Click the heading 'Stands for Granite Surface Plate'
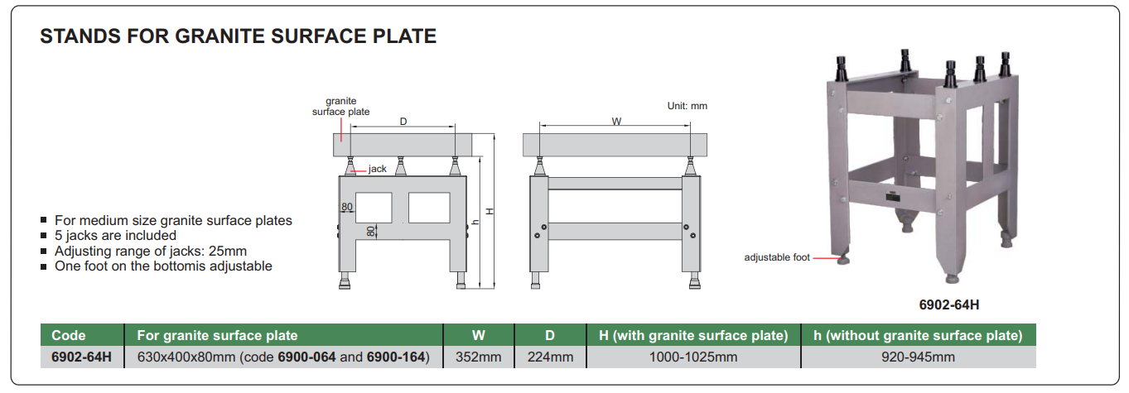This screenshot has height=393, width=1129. point(238,36)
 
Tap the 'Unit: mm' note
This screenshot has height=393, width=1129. point(687,106)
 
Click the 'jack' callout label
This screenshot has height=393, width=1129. point(377,169)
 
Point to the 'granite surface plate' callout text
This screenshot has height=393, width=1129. point(340,106)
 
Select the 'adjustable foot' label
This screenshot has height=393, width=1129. point(777,257)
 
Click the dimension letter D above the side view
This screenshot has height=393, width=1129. point(403,122)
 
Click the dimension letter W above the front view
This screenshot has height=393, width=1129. point(616,122)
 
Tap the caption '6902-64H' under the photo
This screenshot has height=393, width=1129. point(949,305)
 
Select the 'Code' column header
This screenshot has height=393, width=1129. point(69,335)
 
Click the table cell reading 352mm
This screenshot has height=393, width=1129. point(478,357)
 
